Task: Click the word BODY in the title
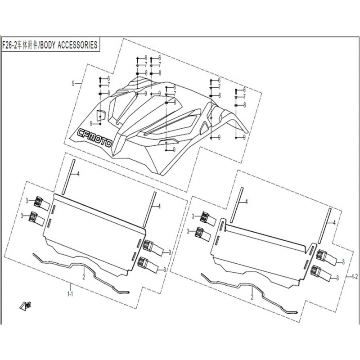48,45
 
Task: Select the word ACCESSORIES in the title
77,45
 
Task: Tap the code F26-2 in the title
9,45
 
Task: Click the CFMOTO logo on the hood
94,138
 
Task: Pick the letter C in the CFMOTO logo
81,132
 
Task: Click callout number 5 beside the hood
73,84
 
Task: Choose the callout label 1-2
355,277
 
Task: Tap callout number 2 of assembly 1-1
84,277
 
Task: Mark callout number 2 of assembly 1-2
252,297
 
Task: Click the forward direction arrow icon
26,306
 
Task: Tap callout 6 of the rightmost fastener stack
244,90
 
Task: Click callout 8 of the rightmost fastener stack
244,105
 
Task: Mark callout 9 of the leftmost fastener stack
91,124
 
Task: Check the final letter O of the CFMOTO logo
108,144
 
